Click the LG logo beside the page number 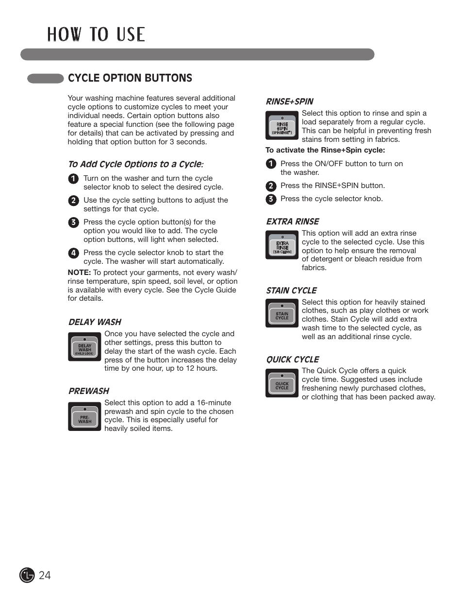pyautogui.click(x=27, y=575)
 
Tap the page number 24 pyautogui.click(x=45, y=575)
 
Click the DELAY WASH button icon pyautogui.click(x=84, y=347)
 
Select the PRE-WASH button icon pyautogui.click(x=84, y=416)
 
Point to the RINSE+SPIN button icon pyautogui.click(x=282, y=125)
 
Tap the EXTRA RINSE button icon pyautogui.click(x=282, y=245)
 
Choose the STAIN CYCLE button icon pyautogui.click(x=282, y=313)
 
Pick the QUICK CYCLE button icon pyautogui.click(x=282, y=383)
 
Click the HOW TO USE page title pyautogui.click(x=96, y=34)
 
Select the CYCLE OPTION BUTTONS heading pyautogui.click(x=130, y=78)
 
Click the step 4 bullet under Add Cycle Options pyautogui.click(x=73, y=253)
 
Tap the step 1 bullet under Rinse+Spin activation pyautogui.click(x=271, y=164)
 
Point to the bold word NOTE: pyautogui.click(x=79, y=273)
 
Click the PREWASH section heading pyautogui.click(x=89, y=391)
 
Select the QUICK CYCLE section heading pyautogui.click(x=292, y=360)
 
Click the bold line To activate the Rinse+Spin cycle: pyautogui.click(x=325, y=150)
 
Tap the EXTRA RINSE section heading pyautogui.click(x=292, y=222)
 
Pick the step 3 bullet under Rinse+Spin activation pyautogui.click(x=271, y=199)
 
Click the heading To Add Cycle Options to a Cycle pyautogui.click(x=135, y=164)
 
